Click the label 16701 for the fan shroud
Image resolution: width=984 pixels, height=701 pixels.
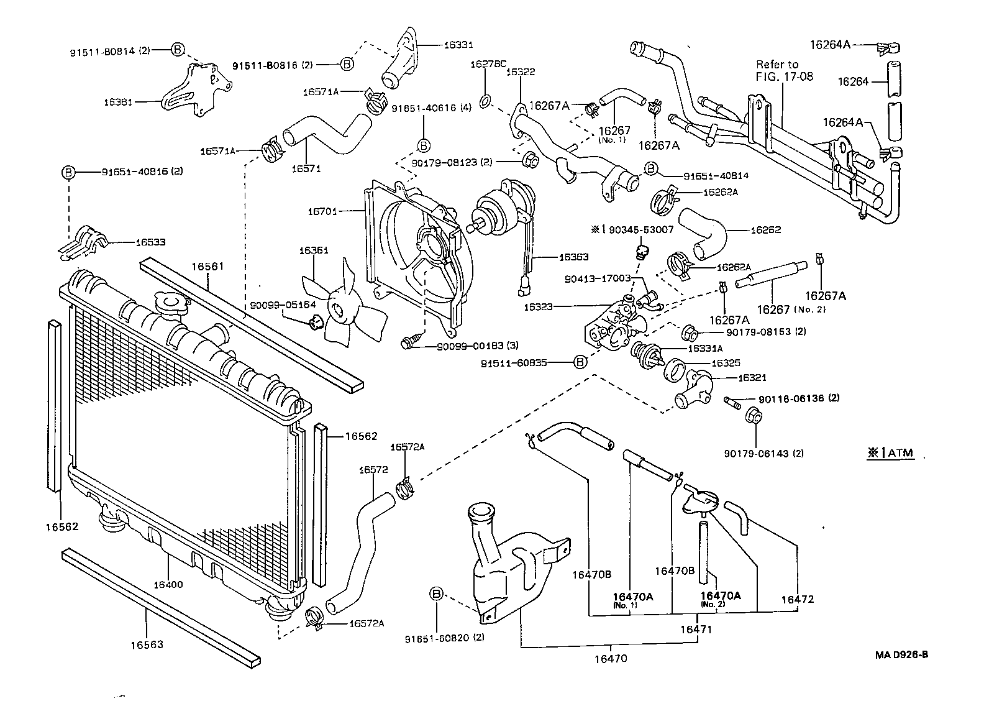pyautogui.click(x=322, y=211)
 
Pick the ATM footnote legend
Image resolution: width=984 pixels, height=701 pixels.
pyautogui.click(x=891, y=452)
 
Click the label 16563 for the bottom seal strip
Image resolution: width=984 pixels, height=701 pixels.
pyautogui.click(x=147, y=644)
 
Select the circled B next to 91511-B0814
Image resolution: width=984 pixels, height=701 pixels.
pyautogui.click(x=177, y=50)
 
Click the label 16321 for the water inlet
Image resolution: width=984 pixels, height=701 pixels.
pyautogui.click(x=752, y=377)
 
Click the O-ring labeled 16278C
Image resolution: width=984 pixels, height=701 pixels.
pyautogui.click(x=488, y=99)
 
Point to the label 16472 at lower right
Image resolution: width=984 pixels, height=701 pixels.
pyautogui.click(x=797, y=599)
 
